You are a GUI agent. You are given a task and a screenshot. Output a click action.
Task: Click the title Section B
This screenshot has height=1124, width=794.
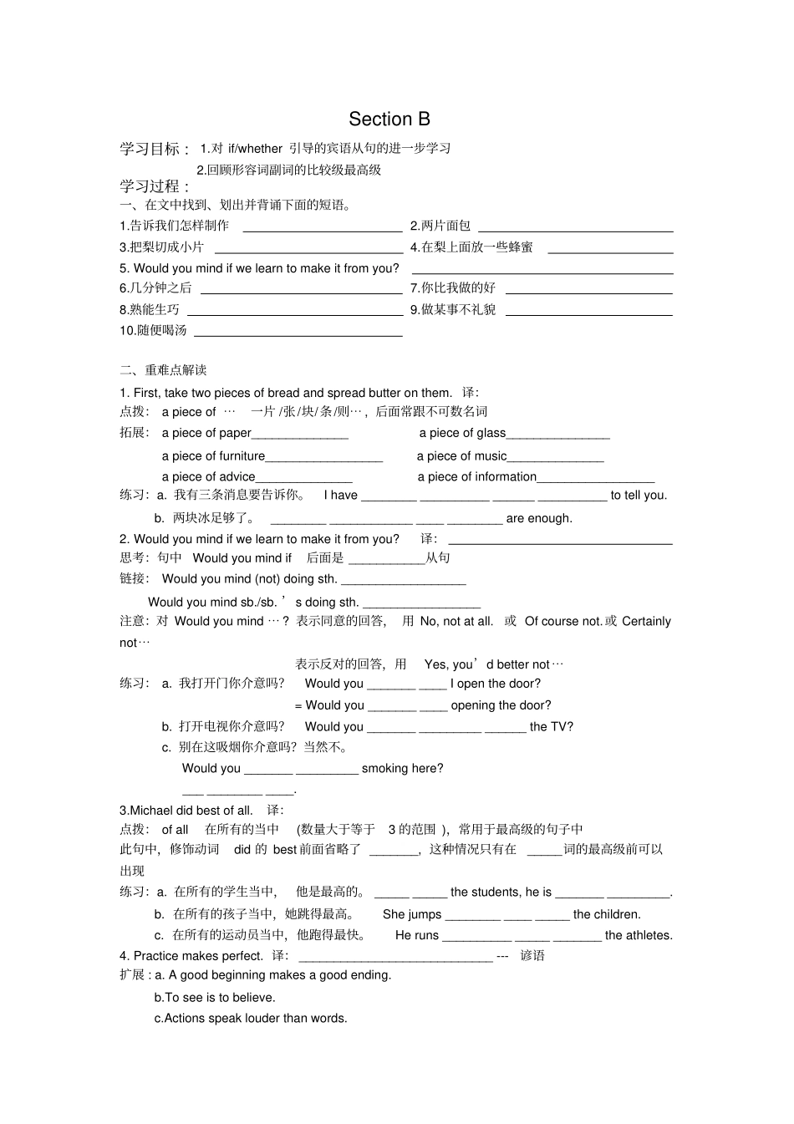tap(389, 120)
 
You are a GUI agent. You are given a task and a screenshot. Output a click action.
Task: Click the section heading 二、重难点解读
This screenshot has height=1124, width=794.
tap(163, 370)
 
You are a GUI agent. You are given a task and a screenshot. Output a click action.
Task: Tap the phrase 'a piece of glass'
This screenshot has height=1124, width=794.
tap(462, 433)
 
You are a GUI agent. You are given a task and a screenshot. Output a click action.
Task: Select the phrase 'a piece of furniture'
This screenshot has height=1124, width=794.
tap(213, 456)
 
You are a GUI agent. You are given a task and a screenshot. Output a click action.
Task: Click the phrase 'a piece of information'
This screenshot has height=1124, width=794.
tap(476, 477)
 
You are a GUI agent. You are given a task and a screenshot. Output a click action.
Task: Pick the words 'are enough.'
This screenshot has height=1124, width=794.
tap(539, 518)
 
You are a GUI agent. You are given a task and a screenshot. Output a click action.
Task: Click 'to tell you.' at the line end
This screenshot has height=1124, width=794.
tap(639, 496)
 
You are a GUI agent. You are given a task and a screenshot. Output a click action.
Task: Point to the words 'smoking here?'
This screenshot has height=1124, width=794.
tap(402, 769)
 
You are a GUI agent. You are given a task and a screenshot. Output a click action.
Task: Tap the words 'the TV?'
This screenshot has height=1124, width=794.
tap(552, 727)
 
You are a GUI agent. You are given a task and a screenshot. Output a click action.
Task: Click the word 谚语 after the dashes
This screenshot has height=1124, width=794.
tap(532, 956)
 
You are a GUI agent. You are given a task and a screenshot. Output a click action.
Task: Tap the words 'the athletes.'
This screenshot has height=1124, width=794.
tap(639, 936)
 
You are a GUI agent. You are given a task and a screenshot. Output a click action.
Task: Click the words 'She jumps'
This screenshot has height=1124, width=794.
tap(412, 915)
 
